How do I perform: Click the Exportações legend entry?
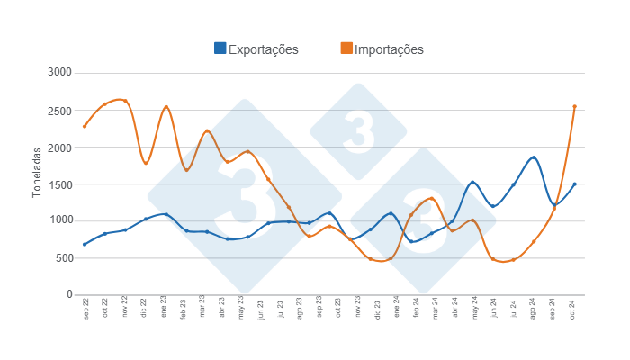point(263,49)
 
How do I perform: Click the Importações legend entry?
point(389,49)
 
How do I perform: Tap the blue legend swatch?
point(220,49)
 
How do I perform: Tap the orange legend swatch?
point(346,49)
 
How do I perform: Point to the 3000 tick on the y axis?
point(61,73)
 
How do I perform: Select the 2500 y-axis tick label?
point(61,110)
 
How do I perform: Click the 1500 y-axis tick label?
point(61,184)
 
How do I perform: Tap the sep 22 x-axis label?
point(85,309)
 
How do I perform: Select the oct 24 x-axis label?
point(574,309)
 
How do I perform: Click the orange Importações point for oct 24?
point(574,106)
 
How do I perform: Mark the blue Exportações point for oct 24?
point(574,184)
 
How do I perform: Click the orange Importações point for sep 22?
point(85,126)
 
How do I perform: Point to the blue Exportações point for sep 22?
point(85,244)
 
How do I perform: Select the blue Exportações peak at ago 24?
point(534,157)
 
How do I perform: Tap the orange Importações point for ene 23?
point(166,107)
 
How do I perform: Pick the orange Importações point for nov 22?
point(125,101)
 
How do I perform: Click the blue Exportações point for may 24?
point(472,183)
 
